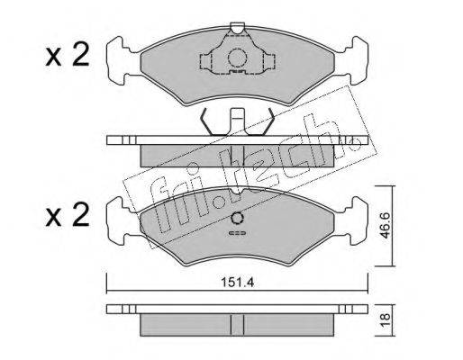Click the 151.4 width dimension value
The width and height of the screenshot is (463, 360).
point(237,283)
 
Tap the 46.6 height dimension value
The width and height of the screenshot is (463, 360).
point(385,225)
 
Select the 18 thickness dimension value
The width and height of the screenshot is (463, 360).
point(386,319)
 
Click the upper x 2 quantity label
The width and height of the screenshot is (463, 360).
point(68,54)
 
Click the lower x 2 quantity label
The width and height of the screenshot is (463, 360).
point(68,214)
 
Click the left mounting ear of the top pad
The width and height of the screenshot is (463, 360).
point(119,61)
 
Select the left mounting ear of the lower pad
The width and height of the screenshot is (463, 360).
point(119,220)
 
